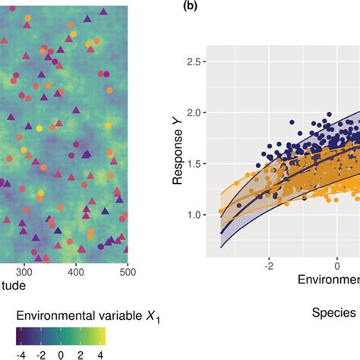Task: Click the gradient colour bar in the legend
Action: [x=60, y=335]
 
